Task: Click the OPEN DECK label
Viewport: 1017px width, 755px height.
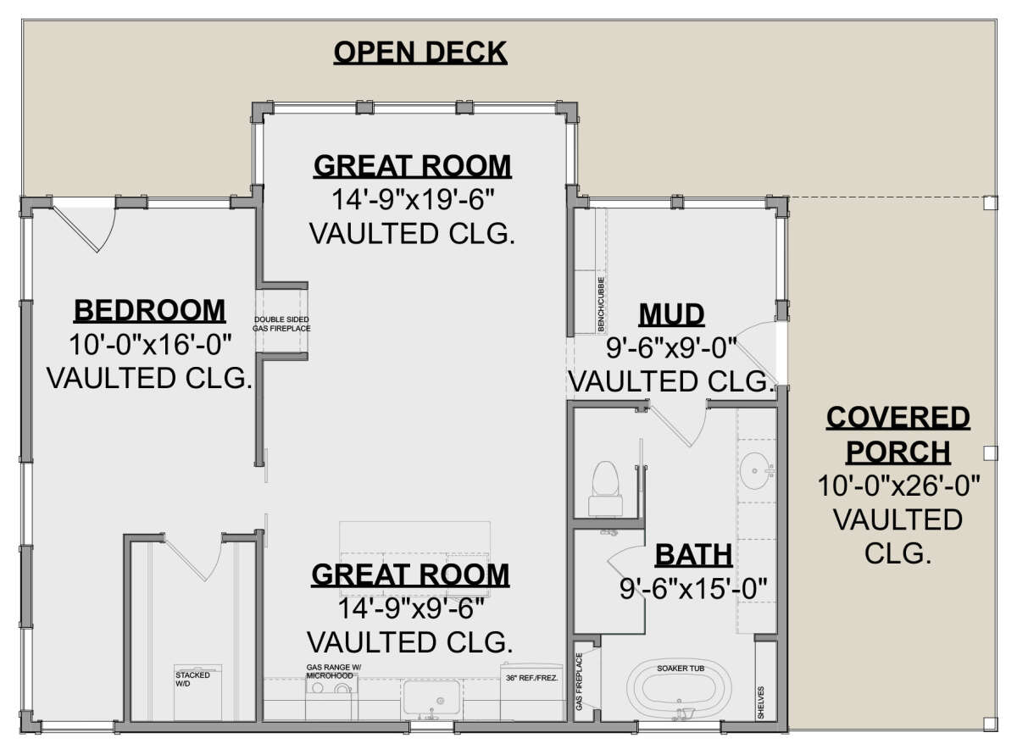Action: click(x=420, y=53)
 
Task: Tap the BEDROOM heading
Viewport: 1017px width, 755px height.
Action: click(x=149, y=311)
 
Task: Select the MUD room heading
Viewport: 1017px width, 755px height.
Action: click(x=671, y=315)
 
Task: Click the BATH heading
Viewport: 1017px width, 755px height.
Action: click(x=693, y=555)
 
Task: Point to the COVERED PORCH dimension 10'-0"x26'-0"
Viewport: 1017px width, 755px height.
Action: click(x=898, y=486)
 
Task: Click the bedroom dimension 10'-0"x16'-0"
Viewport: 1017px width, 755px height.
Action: click(x=150, y=345)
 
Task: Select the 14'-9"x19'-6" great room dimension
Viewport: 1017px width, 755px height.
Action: click(x=413, y=200)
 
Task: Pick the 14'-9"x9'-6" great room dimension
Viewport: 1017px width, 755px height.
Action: click(x=411, y=608)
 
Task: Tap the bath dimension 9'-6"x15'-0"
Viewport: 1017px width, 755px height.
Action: click(x=692, y=589)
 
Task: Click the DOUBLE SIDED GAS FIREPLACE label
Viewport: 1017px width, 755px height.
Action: click(x=281, y=324)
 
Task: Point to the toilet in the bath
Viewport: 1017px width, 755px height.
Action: click(x=605, y=489)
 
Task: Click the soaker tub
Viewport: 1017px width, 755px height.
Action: click(x=679, y=691)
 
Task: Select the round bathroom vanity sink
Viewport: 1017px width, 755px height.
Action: click(x=757, y=471)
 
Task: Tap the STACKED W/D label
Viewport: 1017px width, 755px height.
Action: click(x=192, y=680)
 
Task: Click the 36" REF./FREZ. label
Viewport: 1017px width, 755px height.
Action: click(x=532, y=678)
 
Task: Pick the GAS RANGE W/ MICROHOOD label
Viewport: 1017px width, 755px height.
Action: click(x=334, y=672)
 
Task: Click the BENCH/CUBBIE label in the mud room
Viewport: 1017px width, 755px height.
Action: click(x=601, y=304)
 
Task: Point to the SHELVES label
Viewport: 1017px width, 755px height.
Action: click(x=761, y=702)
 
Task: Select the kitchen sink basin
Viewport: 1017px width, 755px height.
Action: click(x=431, y=697)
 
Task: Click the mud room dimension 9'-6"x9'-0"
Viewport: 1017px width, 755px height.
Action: click(x=671, y=348)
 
